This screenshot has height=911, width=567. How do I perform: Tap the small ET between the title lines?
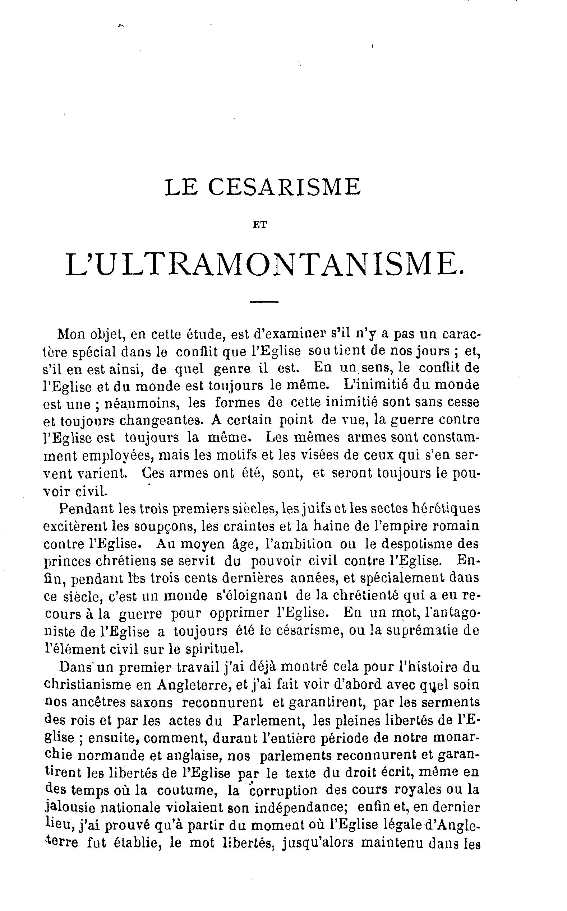click(x=260, y=226)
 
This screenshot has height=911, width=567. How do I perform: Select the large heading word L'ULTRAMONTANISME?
click(x=265, y=265)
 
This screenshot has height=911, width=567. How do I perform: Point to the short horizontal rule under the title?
click(x=264, y=302)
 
